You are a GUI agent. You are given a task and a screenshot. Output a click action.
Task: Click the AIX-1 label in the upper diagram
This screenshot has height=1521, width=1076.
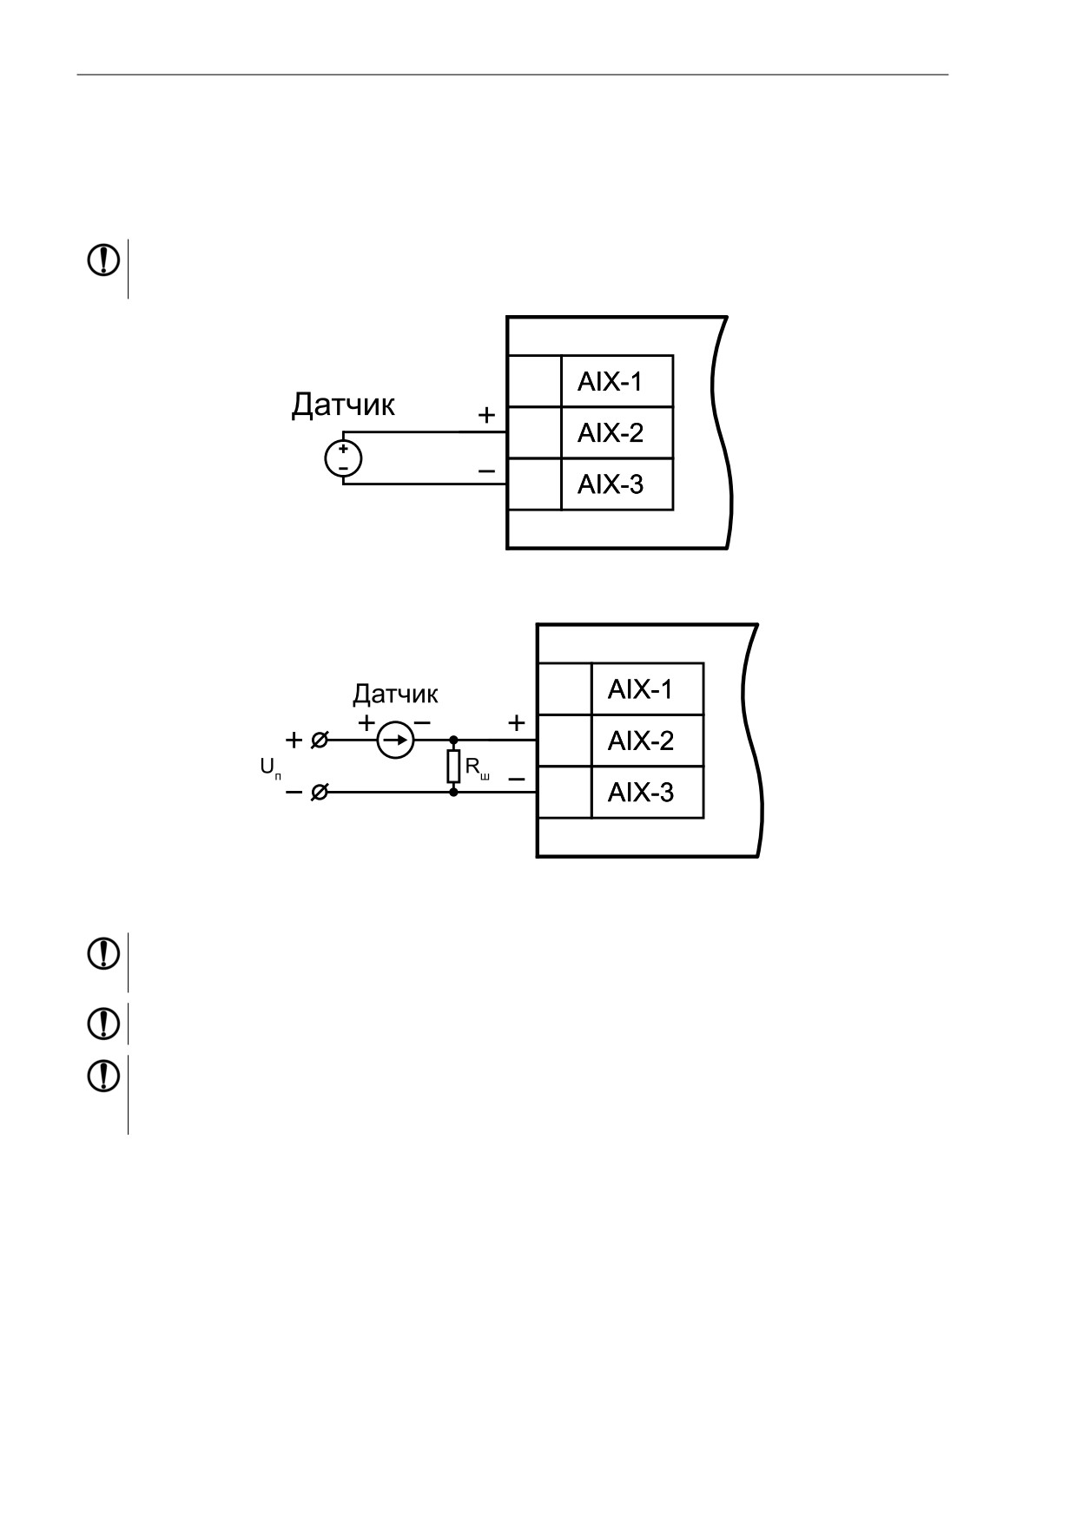(610, 382)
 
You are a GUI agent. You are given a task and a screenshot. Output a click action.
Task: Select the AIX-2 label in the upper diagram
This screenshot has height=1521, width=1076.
(610, 433)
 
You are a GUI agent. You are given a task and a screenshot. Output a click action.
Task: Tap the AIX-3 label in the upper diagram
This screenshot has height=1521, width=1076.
(610, 484)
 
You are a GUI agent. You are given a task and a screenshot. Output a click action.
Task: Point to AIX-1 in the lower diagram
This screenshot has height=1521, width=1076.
(640, 690)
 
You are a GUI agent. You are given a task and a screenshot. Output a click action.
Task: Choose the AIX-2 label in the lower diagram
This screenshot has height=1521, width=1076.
(640, 741)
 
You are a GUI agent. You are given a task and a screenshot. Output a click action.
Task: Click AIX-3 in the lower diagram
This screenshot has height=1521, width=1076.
(640, 793)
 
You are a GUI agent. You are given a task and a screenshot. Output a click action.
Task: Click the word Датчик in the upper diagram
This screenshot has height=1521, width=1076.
(343, 405)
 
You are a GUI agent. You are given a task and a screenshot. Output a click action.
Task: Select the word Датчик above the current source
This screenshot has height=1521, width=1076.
(395, 695)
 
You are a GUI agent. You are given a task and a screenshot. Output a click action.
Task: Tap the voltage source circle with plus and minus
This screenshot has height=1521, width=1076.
(343, 458)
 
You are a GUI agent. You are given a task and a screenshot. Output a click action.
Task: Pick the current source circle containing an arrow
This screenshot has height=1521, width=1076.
(395, 741)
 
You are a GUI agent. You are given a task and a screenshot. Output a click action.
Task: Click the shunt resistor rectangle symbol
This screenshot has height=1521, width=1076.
(453, 767)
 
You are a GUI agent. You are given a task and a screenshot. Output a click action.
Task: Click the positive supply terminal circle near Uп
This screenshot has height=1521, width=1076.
(320, 741)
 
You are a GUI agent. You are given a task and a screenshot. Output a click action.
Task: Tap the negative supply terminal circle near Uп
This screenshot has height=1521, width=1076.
(320, 793)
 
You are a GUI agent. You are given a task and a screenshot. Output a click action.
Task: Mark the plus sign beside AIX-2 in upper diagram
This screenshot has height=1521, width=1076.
(486, 416)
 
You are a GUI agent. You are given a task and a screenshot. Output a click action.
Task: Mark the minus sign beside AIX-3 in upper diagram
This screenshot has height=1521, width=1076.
(486, 471)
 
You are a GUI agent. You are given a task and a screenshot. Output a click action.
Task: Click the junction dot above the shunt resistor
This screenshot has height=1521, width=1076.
(453, 741)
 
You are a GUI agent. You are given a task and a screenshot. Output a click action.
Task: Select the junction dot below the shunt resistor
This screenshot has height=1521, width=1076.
(453, 793)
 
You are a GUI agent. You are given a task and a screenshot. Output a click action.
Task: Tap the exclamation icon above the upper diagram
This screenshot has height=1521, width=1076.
(103, 260)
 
